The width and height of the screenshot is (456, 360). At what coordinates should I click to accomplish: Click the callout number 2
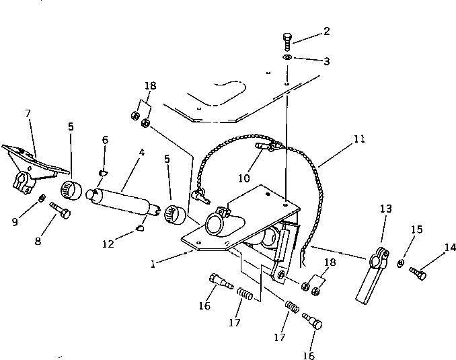326,32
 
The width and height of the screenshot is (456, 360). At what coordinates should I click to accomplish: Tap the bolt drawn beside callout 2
287,40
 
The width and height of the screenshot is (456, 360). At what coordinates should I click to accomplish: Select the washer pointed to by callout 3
287,59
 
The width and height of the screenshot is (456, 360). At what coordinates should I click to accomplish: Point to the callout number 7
28,114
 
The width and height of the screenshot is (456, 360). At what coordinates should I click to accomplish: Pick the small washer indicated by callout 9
42,198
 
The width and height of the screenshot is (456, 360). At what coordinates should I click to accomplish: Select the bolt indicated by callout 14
417,273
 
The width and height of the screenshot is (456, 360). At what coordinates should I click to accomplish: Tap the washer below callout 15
402,262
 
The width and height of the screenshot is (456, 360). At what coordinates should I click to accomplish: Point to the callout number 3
326,61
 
